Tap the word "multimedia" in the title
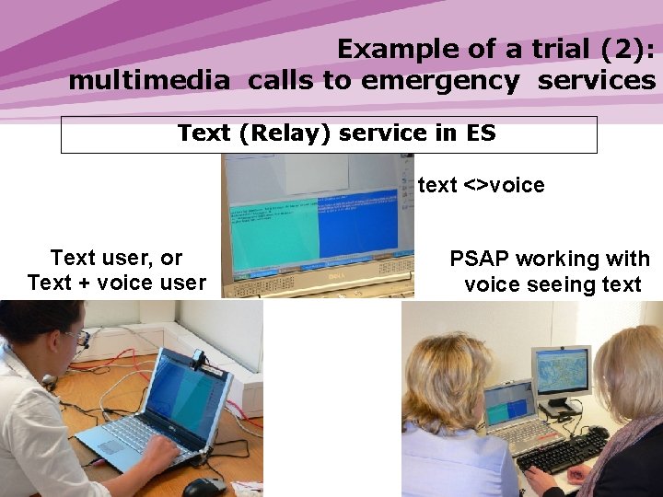point(148,81)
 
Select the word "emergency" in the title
point(440,81)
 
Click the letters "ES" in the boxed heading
point(481,133)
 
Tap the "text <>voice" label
point(481,185)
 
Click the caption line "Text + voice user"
point(117,283)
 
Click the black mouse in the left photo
point(203,487)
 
